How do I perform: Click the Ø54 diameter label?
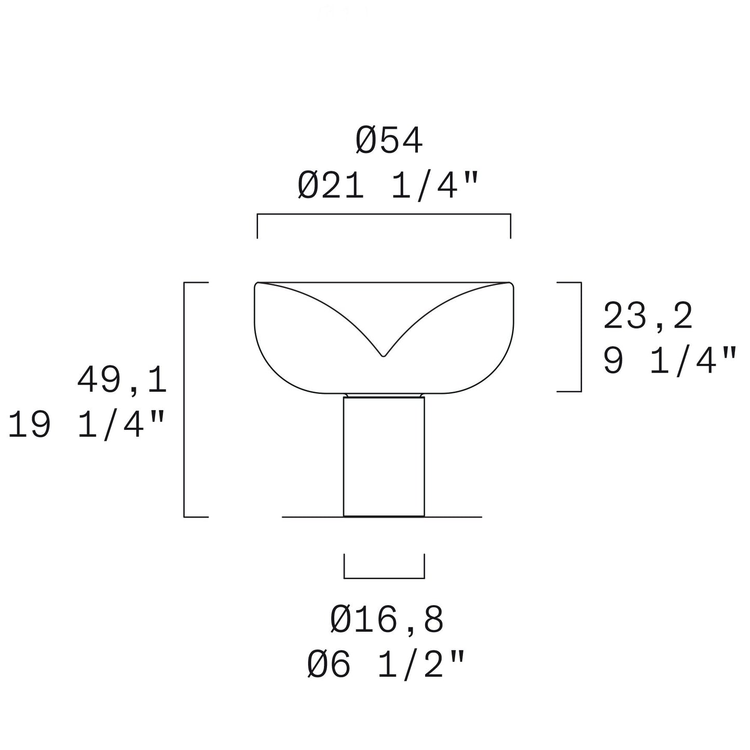tap(389, 141)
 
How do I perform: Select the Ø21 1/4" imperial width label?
tap(388, 186)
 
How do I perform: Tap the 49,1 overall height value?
tap(122, 381)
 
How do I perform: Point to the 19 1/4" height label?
tap(86, 426)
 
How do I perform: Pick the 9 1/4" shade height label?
tap(670, 361)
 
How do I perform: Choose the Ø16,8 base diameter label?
tap(387, 620)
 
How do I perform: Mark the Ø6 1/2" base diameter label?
tap(386, 665)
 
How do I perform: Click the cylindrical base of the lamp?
tap(384, 457)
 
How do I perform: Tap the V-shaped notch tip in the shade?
tap(384, 356)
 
